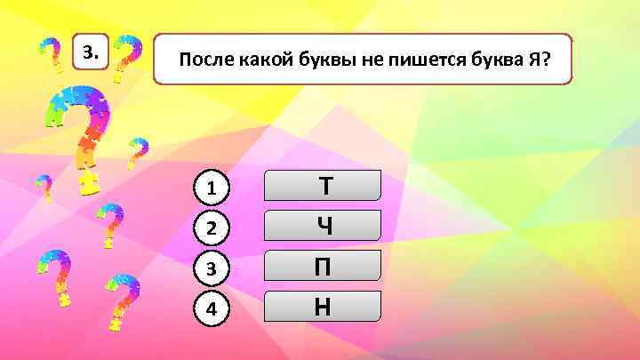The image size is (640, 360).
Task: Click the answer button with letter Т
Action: coord(324,186)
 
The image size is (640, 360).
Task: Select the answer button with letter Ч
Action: coord(324,226)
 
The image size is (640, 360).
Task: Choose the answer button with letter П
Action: coord(324,266)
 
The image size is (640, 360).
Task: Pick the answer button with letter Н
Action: coord(324,307)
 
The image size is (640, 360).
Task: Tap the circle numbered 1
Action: coord(212,188)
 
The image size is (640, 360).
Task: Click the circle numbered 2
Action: coord(212,228)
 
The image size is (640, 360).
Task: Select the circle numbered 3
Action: coord(212,268)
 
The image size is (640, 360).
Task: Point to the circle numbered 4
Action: coord(212,308)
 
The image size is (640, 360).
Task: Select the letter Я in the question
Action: coord(533,60)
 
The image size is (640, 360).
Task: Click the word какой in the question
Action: coord(261,60)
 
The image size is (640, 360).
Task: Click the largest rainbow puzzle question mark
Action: coord(80,133)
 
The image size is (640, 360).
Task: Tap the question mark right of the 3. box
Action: coord(129,60)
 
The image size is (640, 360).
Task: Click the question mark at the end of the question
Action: coord(546,60)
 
